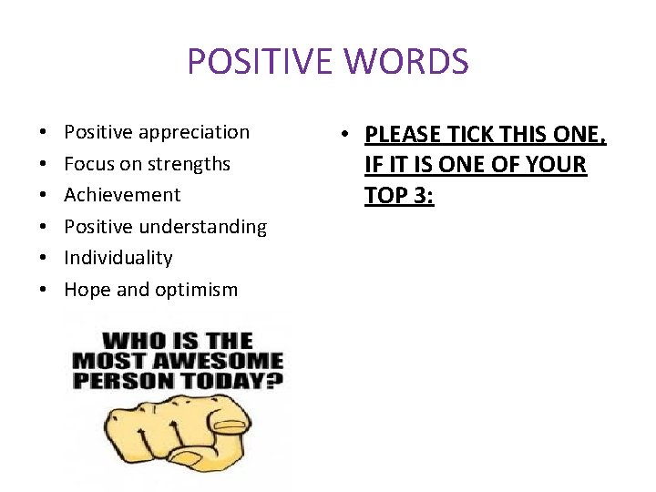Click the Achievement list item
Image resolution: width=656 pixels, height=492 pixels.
(122, 195)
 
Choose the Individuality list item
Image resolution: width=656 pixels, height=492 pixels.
(118, 258)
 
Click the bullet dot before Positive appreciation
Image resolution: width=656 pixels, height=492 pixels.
(44, 133)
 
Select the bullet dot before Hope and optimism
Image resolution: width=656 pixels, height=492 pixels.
(44, 290)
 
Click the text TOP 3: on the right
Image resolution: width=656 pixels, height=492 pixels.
(399, 195)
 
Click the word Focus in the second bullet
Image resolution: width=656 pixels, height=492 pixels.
(87, 164)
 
